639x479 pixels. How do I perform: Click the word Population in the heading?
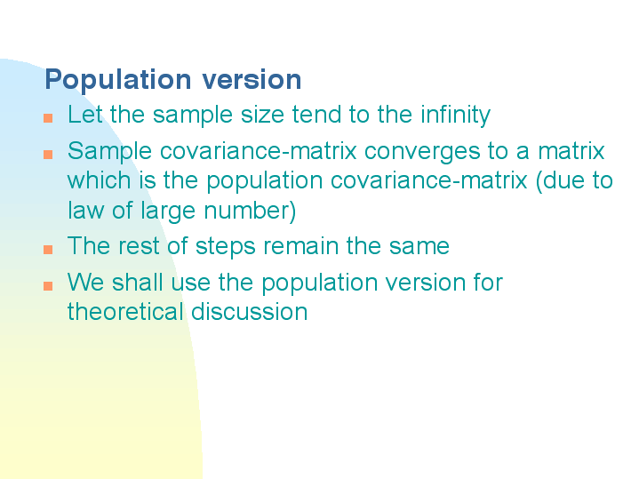point(118,80)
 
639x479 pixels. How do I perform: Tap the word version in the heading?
point(252,79)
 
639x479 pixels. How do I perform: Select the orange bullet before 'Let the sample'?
point(48,118)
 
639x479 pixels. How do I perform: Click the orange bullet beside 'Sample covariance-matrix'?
point(48,154)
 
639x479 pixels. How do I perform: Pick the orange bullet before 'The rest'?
point(48,249)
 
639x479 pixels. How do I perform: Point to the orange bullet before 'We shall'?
point(48,286)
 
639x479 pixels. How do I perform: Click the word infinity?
point(456,116)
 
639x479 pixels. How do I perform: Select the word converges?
point(422,153)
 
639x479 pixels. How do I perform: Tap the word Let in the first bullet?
point(85,114)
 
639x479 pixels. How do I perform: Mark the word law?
point(85,210)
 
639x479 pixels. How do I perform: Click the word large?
point(168,212)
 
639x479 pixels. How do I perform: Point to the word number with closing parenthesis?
point(250,212)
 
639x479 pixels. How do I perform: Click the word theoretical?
point(125,312)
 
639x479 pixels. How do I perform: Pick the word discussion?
point(250,312)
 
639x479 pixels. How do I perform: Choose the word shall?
point(138,282)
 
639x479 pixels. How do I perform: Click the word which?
point(99,180)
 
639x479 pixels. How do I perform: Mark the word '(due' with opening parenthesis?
point(557,181)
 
